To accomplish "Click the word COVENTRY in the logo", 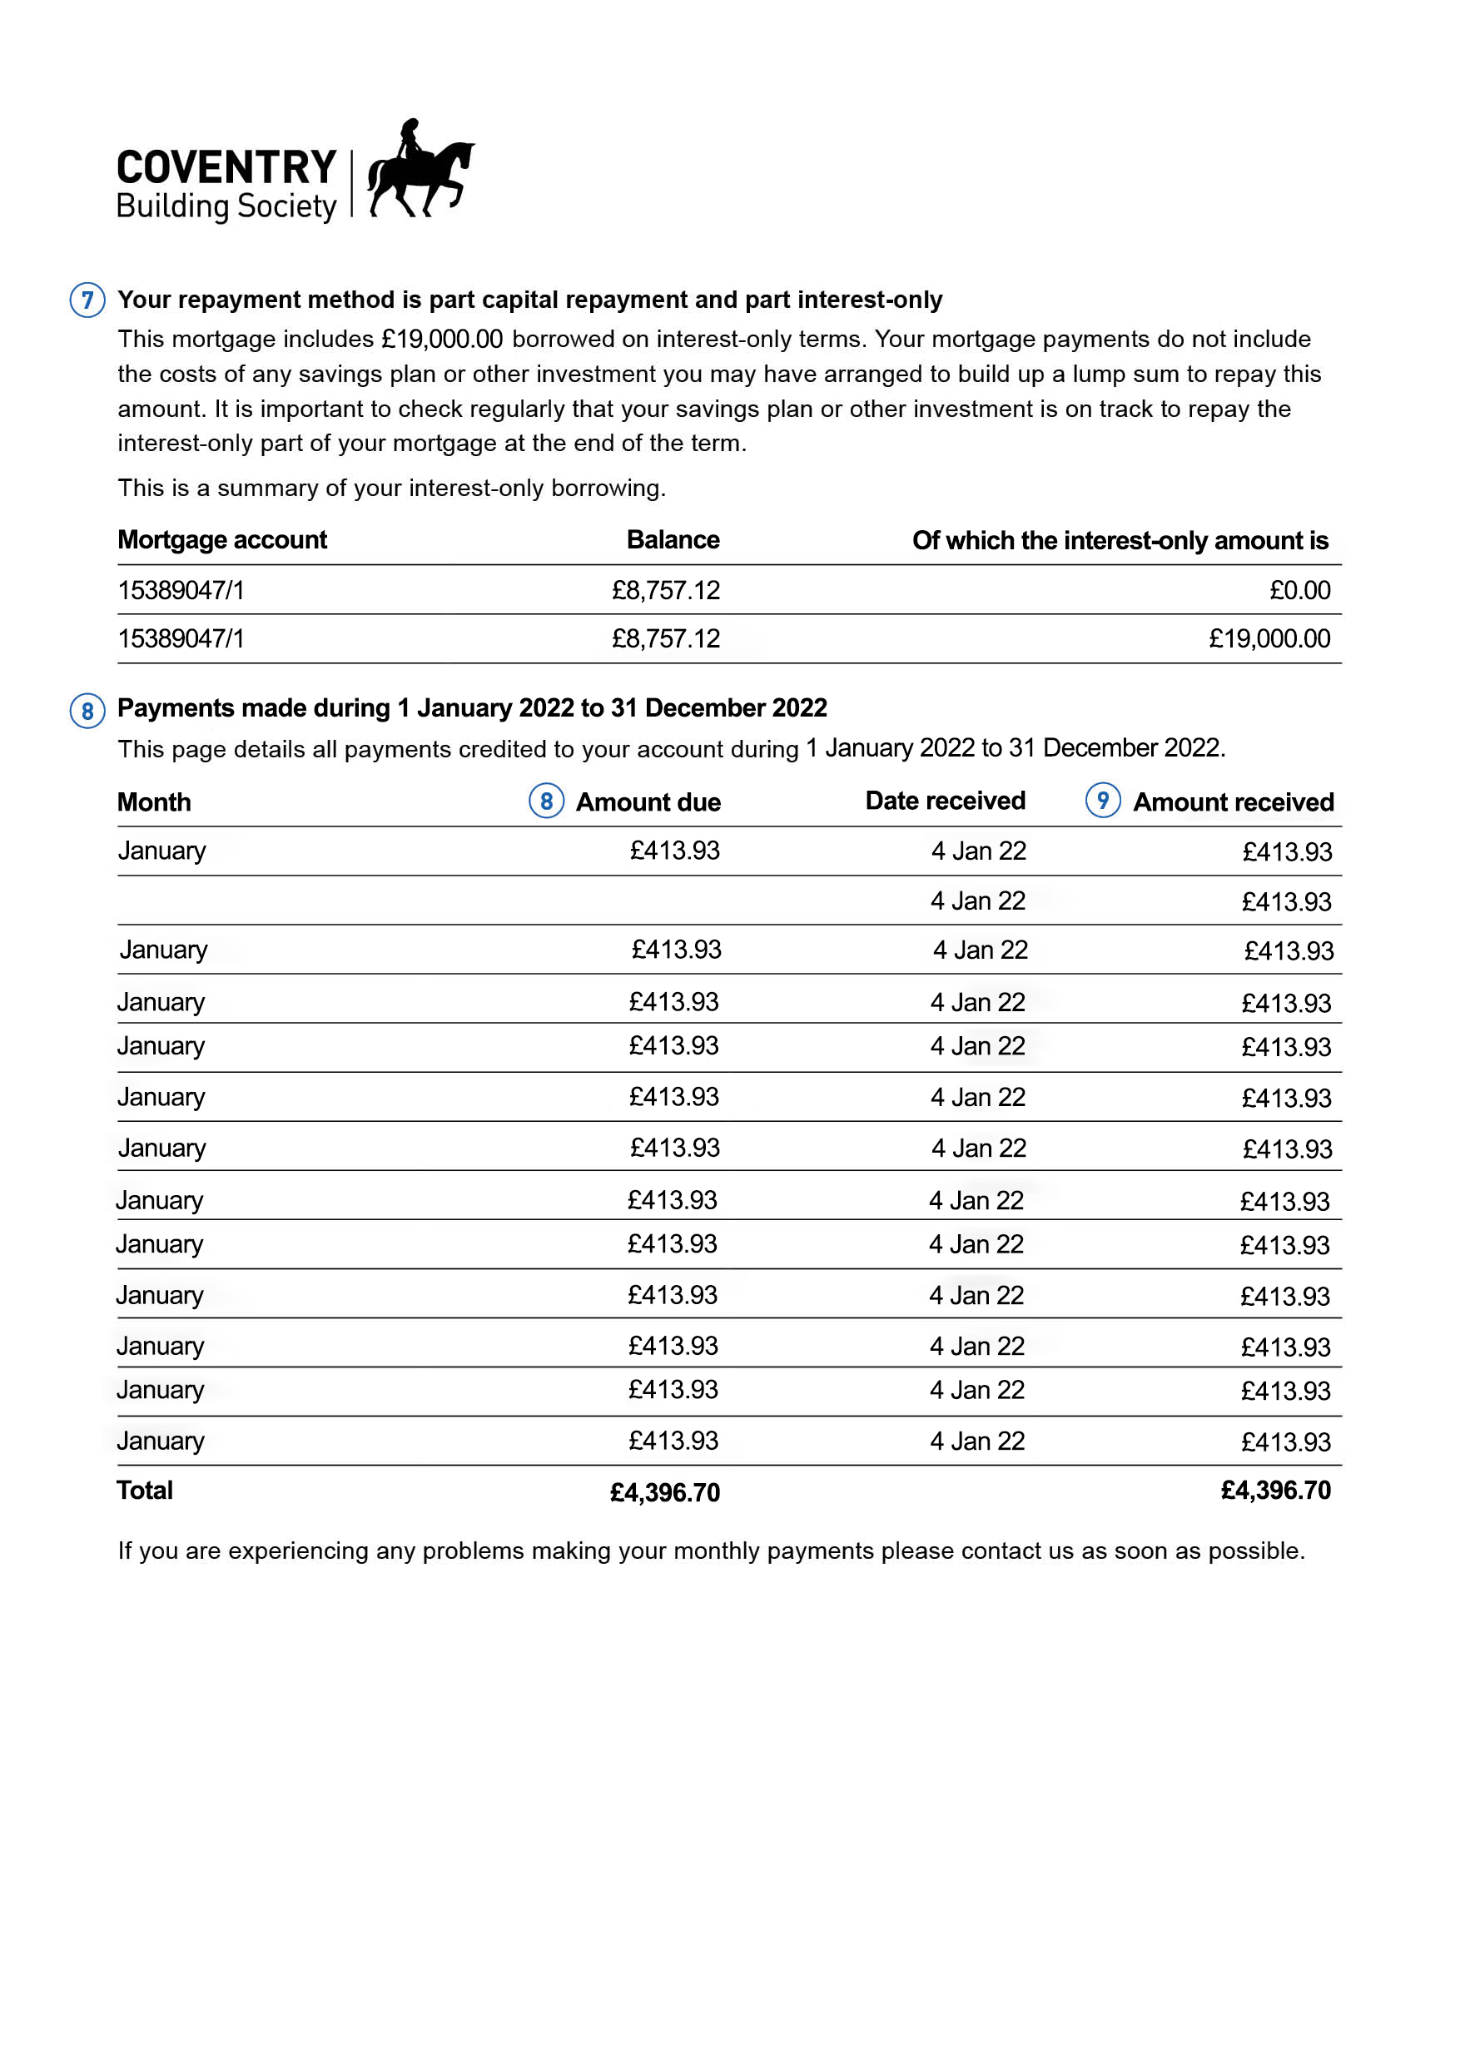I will (226, 167).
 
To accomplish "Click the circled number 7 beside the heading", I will (87, 300).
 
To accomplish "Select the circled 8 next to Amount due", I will (546, 801).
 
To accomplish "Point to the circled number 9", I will (1102, 800).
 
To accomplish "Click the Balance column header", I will (673, 539).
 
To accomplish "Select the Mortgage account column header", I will (222, 539).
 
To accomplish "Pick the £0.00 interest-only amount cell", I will (1299, 591).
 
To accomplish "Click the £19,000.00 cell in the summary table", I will (1269, 639).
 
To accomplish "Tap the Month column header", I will (154, 801).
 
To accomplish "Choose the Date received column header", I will (945, 801).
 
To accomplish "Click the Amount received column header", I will (1233, 801).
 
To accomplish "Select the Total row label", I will (145, 1491).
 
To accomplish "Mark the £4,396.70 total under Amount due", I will (664, 1493).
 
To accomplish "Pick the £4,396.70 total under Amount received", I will (1275, 1491).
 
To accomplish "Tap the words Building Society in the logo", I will (226, 206).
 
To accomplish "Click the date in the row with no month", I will (978, 901).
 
